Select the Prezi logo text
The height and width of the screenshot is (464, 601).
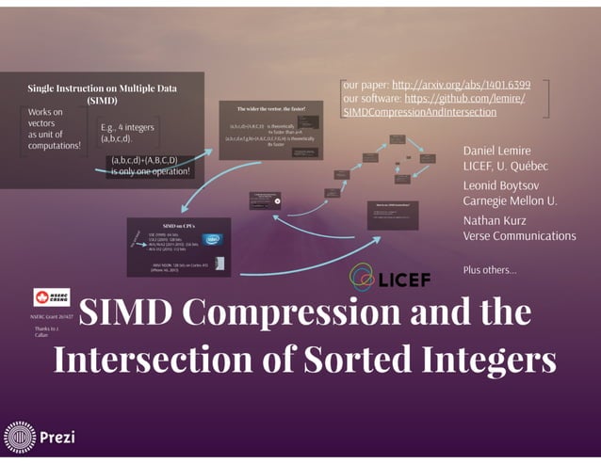coord(57,438)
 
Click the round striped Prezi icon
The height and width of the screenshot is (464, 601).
coord(19,438)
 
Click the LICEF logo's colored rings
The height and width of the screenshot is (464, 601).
coord(365,277)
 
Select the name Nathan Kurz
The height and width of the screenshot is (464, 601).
coord(497,220)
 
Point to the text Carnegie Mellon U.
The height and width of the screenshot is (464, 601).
coord(510,200)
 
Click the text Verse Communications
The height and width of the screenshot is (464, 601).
coord(519,235)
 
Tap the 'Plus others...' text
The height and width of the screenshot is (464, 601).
coord(490,270)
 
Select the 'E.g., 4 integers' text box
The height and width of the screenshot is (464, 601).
coord(128,133)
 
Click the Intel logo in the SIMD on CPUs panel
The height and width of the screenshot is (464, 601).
coord(214,239)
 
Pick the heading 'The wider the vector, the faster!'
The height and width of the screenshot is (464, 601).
coord(271,109)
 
